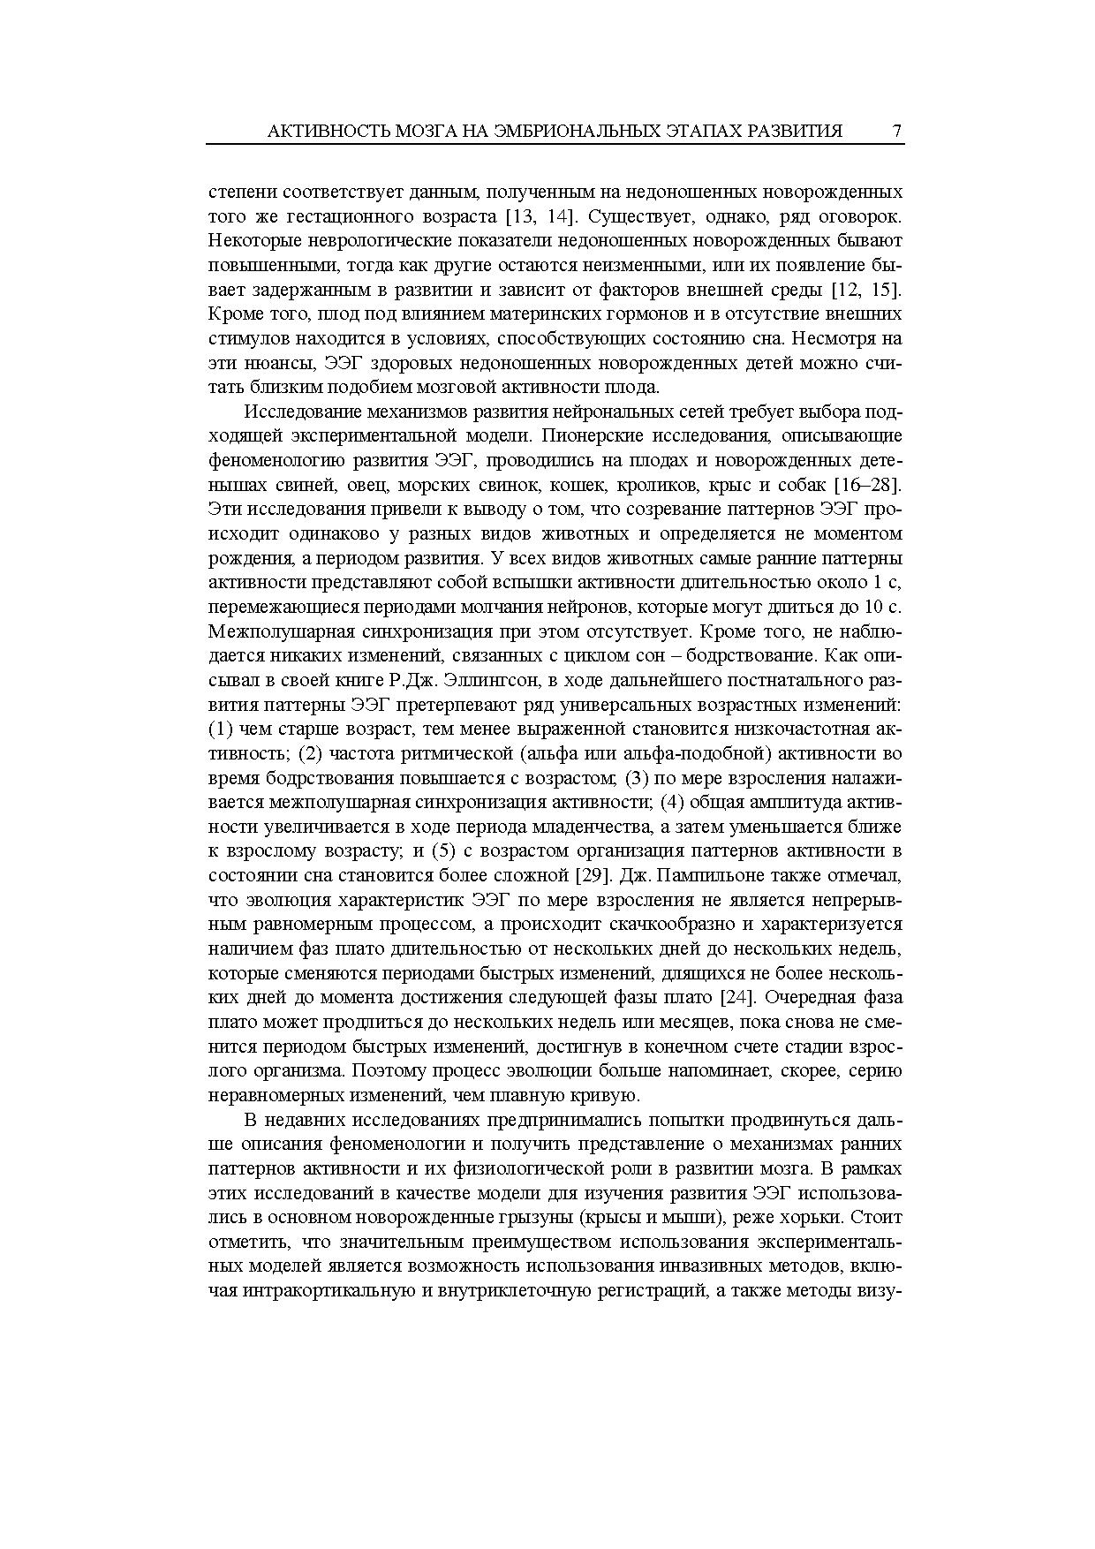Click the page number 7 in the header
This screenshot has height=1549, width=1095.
tap(896, 132)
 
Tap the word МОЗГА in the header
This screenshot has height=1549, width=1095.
tap(415, 132)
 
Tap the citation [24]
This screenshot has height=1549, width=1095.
tap(736, 997)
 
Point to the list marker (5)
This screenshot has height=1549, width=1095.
tap(444, 850)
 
